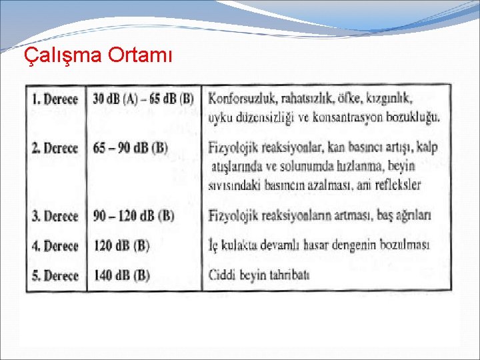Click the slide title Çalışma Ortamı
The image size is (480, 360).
(97, 56)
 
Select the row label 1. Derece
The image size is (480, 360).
(55, 99)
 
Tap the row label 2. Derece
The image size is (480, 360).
(55, 147)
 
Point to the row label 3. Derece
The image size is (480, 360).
(55, 216)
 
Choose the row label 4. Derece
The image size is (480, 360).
(55, 246)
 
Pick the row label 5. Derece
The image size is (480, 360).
(55, 275)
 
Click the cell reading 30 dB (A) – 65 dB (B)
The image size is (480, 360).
(143, 99)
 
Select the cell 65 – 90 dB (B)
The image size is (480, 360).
(131, 147)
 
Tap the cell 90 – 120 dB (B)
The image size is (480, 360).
(134, 216)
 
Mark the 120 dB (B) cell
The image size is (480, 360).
(121, 246)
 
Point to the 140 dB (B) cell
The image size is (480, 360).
(121, 275)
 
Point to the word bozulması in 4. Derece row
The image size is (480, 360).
(405, 245)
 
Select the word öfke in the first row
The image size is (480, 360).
(354, 98)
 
